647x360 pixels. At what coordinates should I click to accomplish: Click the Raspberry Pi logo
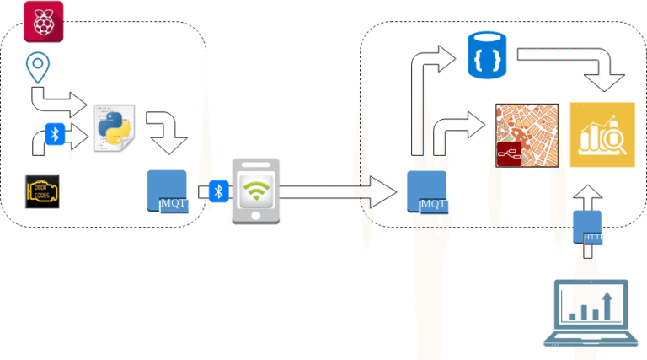(44, 21)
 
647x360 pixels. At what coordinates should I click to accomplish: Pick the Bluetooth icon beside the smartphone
(219, 191)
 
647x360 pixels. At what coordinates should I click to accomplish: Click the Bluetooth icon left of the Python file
(56, 134)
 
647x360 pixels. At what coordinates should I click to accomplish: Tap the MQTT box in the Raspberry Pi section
(167, 191)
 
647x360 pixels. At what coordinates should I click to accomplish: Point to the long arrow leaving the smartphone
(337, 191)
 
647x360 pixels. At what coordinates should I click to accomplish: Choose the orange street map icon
(527, 135)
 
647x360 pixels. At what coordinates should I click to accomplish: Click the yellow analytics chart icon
(602, 135)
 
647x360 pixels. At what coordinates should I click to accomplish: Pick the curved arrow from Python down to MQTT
(167, 131)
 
